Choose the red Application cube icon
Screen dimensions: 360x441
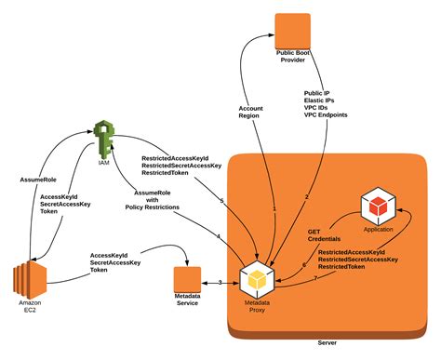click(379, 206)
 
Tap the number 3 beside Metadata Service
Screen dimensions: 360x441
click(219, 282)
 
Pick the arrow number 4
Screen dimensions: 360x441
click(218, 237)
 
